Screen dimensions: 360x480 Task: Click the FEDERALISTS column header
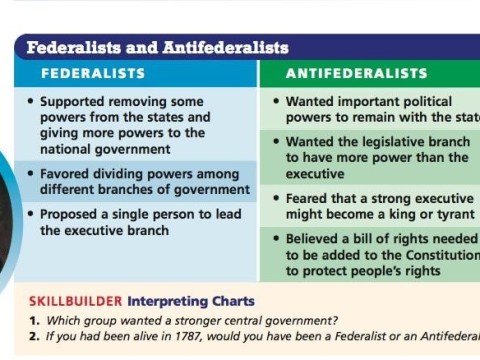(x=93, y=74)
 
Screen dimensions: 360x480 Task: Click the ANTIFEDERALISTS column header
(x=356, y=74)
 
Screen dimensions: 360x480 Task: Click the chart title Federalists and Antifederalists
(x=157, y=47)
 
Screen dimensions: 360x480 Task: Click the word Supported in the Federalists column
(x=74, y=102)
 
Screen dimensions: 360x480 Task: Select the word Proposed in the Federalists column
(x=71, y=214)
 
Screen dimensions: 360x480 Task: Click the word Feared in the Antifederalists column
(x=308, y=198)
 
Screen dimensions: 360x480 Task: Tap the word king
(x=388, y=214)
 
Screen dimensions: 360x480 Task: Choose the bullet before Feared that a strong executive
(x=276, y=198)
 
